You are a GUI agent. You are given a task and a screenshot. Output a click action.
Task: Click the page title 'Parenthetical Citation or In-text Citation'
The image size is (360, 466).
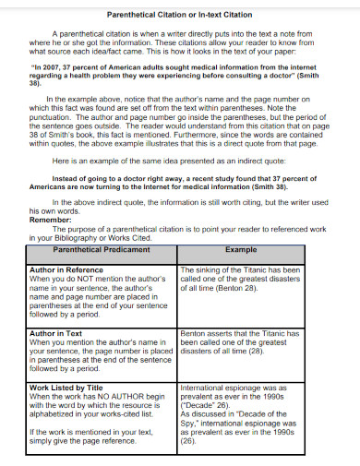(179, 16)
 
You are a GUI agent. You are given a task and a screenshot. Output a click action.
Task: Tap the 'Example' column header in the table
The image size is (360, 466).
(241, 249)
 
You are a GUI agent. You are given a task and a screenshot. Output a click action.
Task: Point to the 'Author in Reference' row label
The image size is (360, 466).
(66, 269)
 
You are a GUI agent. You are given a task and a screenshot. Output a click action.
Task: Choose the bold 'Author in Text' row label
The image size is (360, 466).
(56, 333)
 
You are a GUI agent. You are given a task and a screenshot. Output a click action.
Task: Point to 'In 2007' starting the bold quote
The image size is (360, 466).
(46, 67)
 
